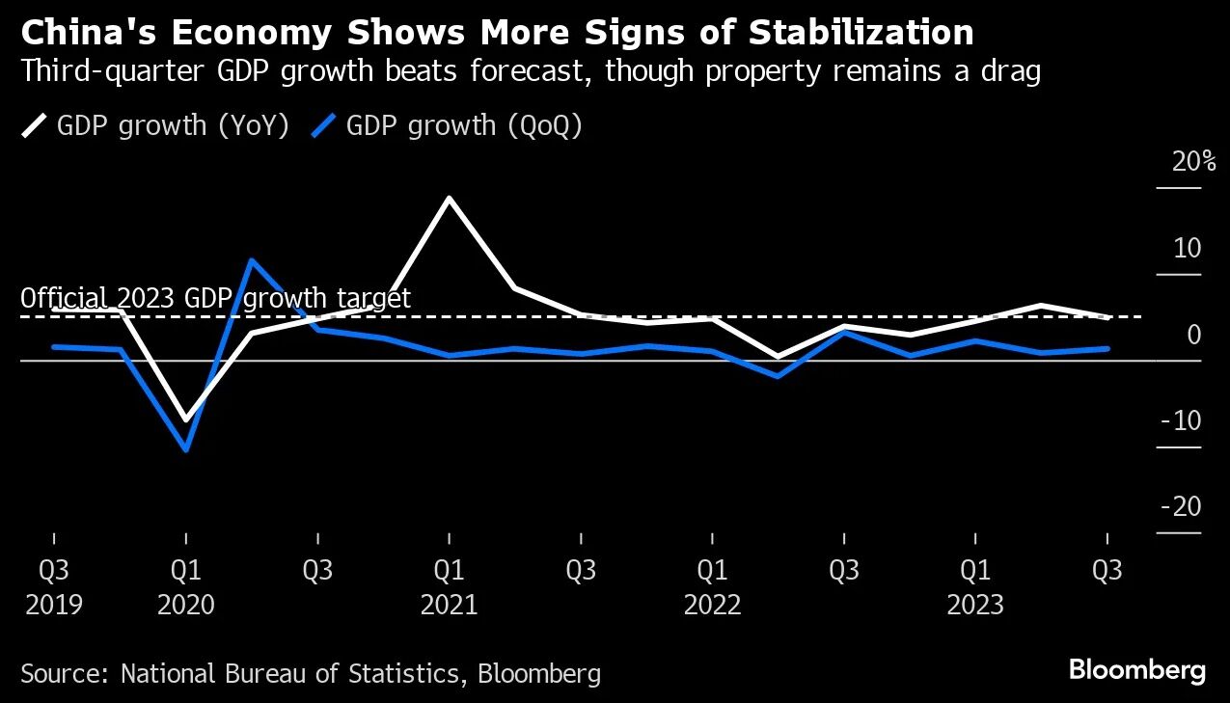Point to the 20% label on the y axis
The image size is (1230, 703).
point(1193,162)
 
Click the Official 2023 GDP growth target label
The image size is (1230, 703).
point(215,298)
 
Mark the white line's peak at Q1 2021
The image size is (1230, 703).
point(449,198)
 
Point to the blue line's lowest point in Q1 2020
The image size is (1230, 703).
point(185,449)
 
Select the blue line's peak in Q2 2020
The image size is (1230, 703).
point(251,259)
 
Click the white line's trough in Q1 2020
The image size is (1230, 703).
point(185,420)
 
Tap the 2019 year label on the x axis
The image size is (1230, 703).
point(54,606)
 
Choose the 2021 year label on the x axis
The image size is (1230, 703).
point(449,606)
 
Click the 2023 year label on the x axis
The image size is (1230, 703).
point(975,606)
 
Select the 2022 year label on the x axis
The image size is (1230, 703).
point(712,606)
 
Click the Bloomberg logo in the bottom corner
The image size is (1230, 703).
point(1136,670)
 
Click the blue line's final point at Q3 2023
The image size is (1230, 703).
point(1107,348)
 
